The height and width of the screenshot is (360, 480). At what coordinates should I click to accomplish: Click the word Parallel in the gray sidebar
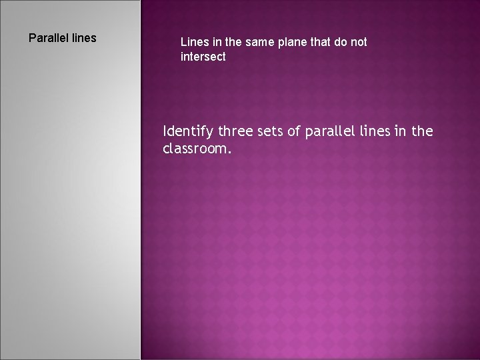pyautogui.click(x=49, y=38)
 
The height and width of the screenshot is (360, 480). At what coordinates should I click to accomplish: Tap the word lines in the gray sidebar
pyautogui.click(x=84, y=38)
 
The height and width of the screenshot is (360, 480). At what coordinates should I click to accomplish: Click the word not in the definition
pyautogui.click(x=359, y=42)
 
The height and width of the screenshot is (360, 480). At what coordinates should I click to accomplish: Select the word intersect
pyautogui.click(x=203, y=57)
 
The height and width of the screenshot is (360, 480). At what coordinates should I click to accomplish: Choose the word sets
pyautogui.click(x=270, y=132)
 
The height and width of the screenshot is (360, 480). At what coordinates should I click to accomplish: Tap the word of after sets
pyautogui.click(x=295, y=132)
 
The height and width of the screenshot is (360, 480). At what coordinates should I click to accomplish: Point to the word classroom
pyautogui.click(x=197, y=149)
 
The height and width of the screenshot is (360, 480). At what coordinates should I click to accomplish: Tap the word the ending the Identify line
pyautogui.click(x=422, y=132)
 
